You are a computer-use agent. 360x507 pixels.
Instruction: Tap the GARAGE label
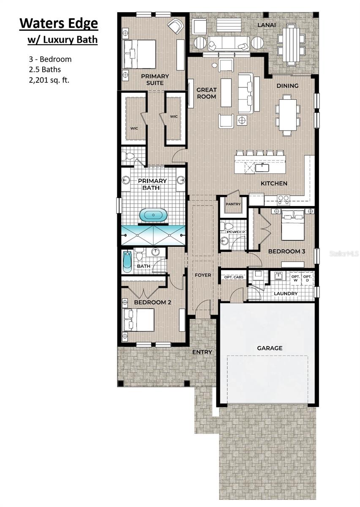coord(270,348)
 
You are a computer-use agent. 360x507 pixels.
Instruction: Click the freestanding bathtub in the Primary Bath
coord(153,215)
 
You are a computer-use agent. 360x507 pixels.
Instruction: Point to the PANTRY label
coord(233,204)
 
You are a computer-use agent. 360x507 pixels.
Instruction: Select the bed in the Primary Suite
coord(139,54)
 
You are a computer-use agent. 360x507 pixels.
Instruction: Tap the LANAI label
coord(267,25)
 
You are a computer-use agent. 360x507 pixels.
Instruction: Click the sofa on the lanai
coord(228,43)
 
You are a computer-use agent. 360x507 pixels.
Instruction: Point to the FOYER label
coord(203,275)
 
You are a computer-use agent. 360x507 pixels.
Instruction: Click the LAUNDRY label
coord(286,293)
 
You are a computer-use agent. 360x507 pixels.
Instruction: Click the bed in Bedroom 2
coord(139,320)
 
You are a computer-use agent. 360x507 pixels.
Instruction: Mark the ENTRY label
coord(202,352)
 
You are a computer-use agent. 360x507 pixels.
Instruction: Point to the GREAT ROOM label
coord(206,93)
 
